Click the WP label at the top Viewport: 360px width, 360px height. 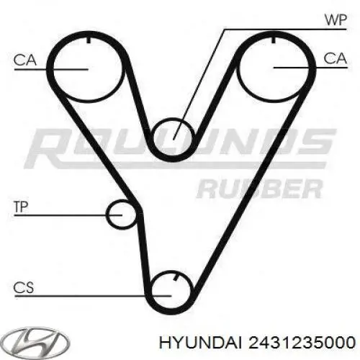336,20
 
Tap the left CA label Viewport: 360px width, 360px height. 25,60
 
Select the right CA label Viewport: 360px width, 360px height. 335,58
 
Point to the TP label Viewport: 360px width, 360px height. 21,207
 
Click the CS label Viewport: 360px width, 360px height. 24,287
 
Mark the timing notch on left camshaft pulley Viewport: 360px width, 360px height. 89,40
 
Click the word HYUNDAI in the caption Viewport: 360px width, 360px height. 201,343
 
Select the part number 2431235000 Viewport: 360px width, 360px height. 302,343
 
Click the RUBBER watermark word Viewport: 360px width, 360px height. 259,189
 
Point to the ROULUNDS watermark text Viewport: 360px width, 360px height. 180,148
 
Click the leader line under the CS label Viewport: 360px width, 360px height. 93,296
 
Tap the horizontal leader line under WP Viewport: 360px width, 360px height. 285,30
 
